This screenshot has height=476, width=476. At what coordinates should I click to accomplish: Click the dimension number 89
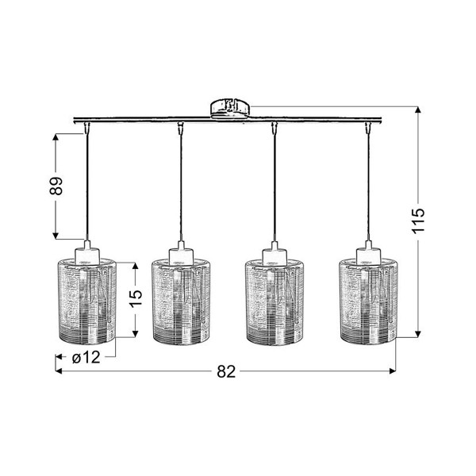[x=56, y=186]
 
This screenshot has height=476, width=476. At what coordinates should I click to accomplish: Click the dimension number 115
[x=418, y=221]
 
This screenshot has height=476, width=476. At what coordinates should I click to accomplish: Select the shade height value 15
[x=136, y=299]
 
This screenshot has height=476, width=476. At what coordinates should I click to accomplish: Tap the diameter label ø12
[x=86, y=357]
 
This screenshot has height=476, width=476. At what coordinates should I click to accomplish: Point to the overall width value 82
[x=226, y=371]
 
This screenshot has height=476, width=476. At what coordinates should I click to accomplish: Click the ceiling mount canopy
[x=230, y=109]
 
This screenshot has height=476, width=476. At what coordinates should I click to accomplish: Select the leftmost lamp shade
[x=86, y=301]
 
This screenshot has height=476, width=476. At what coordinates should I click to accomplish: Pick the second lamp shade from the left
[x=181, y=301]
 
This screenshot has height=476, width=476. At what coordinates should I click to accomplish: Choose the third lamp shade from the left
[x=274, y=301]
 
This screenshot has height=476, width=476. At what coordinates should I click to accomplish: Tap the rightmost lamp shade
[x=369, y=301]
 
